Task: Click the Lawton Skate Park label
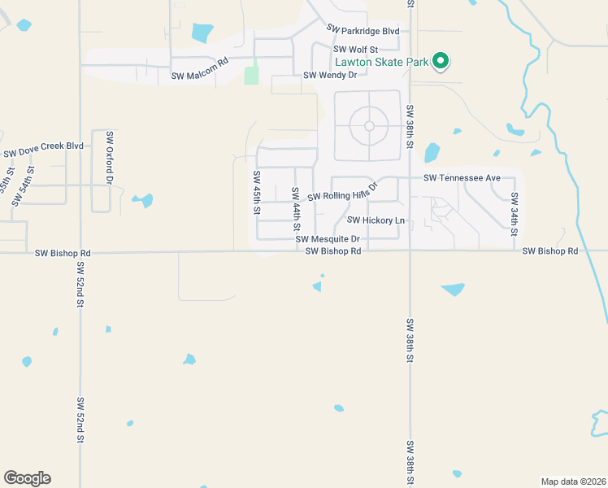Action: click(x=382, y=62)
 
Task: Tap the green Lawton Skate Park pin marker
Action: click(x=441, y=60)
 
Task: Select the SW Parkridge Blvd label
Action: click(x=363, y=30)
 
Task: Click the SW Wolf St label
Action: click(x=356, y=50)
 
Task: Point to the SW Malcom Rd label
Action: click(x=200, y=76)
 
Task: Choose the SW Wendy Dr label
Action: click(x=330, y=76)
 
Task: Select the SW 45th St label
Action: click(x=257, y=193)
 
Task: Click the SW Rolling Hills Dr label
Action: click(x=343, y=195)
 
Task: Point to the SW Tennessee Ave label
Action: click(x=467, y=178)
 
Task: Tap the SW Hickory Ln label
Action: click(x=376, y=220)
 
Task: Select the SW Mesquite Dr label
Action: click(x=328, y=239)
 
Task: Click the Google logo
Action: click(x=27, y=478)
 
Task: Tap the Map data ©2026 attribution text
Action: click(x=573, y=481)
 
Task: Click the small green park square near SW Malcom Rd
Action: click(x=251, y=76)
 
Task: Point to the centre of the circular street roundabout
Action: click(x=369, y=125)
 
